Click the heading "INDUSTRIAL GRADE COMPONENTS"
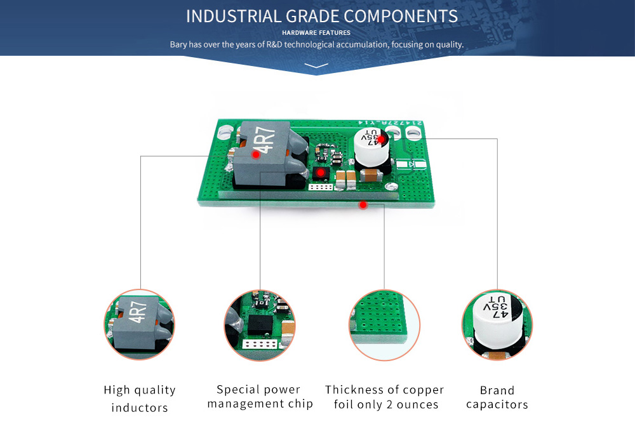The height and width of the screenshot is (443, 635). pos(322,16)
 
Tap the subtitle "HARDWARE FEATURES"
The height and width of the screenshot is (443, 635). pos(316,32)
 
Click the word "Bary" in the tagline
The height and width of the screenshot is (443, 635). pos(178,45)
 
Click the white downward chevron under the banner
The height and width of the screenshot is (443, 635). pos(316,65)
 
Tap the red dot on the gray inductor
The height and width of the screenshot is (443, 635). pos(256,154)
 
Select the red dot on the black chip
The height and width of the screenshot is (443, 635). pos(321,173)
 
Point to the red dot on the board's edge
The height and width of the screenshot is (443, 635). pos(363,204)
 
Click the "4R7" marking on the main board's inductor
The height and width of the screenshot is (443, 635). pos(267,141)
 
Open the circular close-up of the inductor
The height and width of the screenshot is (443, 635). pos(139,324)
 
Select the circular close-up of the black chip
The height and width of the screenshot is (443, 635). pos(260,324)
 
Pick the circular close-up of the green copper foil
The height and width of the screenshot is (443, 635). pos(384,324)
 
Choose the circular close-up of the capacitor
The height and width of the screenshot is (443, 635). pos(497,324)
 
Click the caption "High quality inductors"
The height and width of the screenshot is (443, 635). pos(140,399)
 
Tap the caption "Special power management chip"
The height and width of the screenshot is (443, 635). pos(260,397)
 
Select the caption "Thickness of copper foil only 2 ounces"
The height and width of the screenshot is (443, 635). pos(385,397)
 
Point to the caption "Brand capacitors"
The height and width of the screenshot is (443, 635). pos(497,397)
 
